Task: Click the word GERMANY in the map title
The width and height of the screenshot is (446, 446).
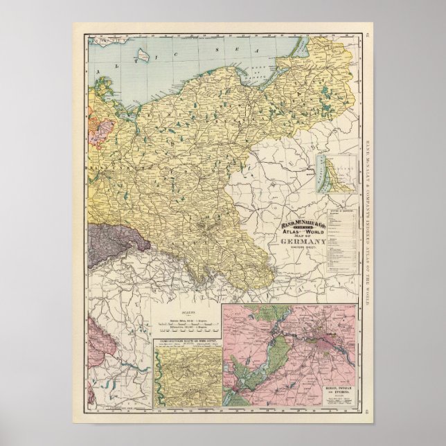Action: tap(303, 241)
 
